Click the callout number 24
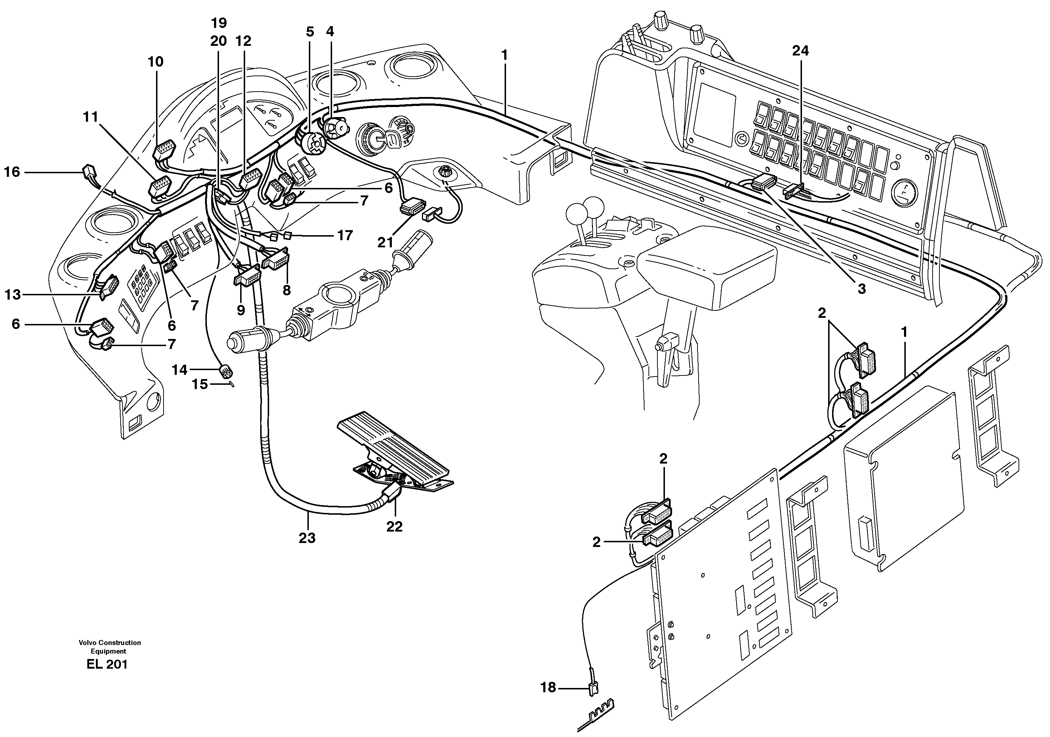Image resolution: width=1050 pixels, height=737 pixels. [800, 51]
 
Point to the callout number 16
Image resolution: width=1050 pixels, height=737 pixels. [13, 172]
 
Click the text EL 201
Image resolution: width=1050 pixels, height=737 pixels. [107, 664]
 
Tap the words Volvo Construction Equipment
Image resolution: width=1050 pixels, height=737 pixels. [110, 647]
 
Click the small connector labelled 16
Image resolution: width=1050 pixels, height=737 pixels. [88, 173]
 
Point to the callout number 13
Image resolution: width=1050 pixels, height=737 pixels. [13, 295]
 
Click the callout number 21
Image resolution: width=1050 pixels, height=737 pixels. [385, 242]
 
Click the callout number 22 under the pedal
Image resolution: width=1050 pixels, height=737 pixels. [394, 527]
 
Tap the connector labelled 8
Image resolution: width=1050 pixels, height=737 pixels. [275, 261]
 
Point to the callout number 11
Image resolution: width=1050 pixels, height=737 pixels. [91, 117]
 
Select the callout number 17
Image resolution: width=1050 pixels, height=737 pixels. [345, 236]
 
